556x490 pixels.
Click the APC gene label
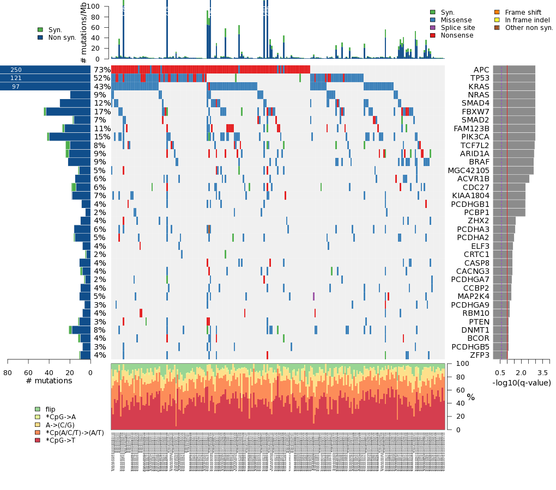[x=481, y=70]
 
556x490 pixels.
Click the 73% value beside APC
[x=102, y=70]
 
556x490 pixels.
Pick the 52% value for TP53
[x=102, y=78]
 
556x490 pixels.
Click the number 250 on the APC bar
[x=16, y=70]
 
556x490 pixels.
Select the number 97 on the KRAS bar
[x=16, y=87]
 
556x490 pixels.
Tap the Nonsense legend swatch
[x=433, y=35]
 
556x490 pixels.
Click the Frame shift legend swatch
[x=497, y=13]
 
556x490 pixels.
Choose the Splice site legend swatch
[x=433, y=28]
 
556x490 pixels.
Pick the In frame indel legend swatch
[x=497, y=20]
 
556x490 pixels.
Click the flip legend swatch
[x=38, y=409]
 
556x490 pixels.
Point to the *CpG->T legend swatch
[x=38, y=440]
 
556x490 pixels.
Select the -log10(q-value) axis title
[x=522, y=383]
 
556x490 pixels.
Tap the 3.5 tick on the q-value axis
[x=542, y=373]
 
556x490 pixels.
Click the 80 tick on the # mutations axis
[x=7, y=373]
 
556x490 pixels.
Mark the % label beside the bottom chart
[x=470, y=397]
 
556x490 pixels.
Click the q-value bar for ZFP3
[x=500, y=355]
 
